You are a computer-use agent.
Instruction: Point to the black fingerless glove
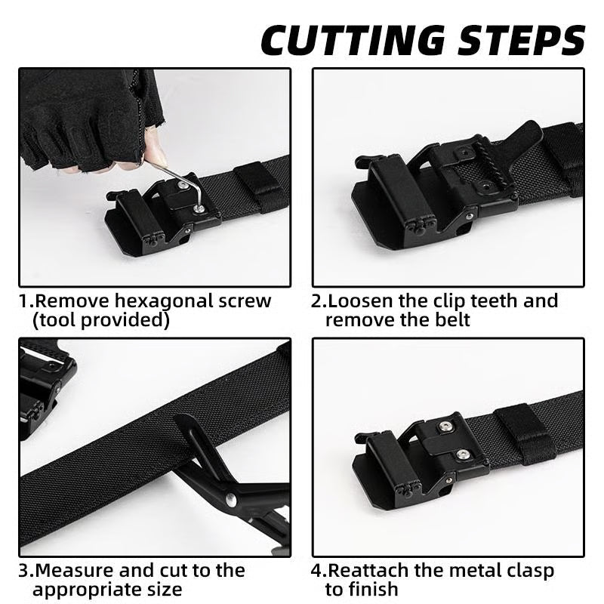[83, 121]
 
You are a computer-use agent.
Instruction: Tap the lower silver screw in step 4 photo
[462, 455]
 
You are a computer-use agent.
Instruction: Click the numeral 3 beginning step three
[23, 570]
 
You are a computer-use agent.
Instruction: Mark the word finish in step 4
[374, 589]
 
